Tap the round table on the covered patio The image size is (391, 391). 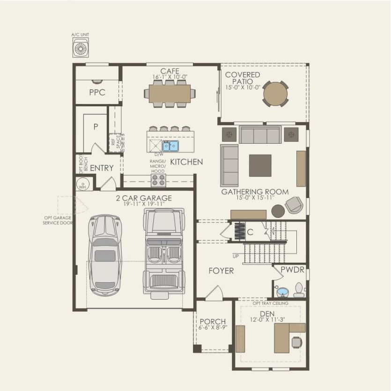[x=275, y=94]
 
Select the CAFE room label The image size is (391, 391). [x=170, y=71]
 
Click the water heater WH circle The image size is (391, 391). [x=83, y=184]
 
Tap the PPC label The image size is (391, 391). [x=97, y=93]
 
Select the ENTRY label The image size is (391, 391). [x=102, y=168]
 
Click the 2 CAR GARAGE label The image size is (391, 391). [x=144, y=198]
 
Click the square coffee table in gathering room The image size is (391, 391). [x=260, y=165]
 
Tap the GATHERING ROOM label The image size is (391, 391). [x=255, y=192]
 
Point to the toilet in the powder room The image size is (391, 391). [x=299, y=289]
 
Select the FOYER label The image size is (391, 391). [x=221, y=271]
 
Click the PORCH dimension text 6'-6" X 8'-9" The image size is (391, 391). [x=213, y=328]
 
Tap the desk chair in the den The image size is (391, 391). [x=297, y=342]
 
